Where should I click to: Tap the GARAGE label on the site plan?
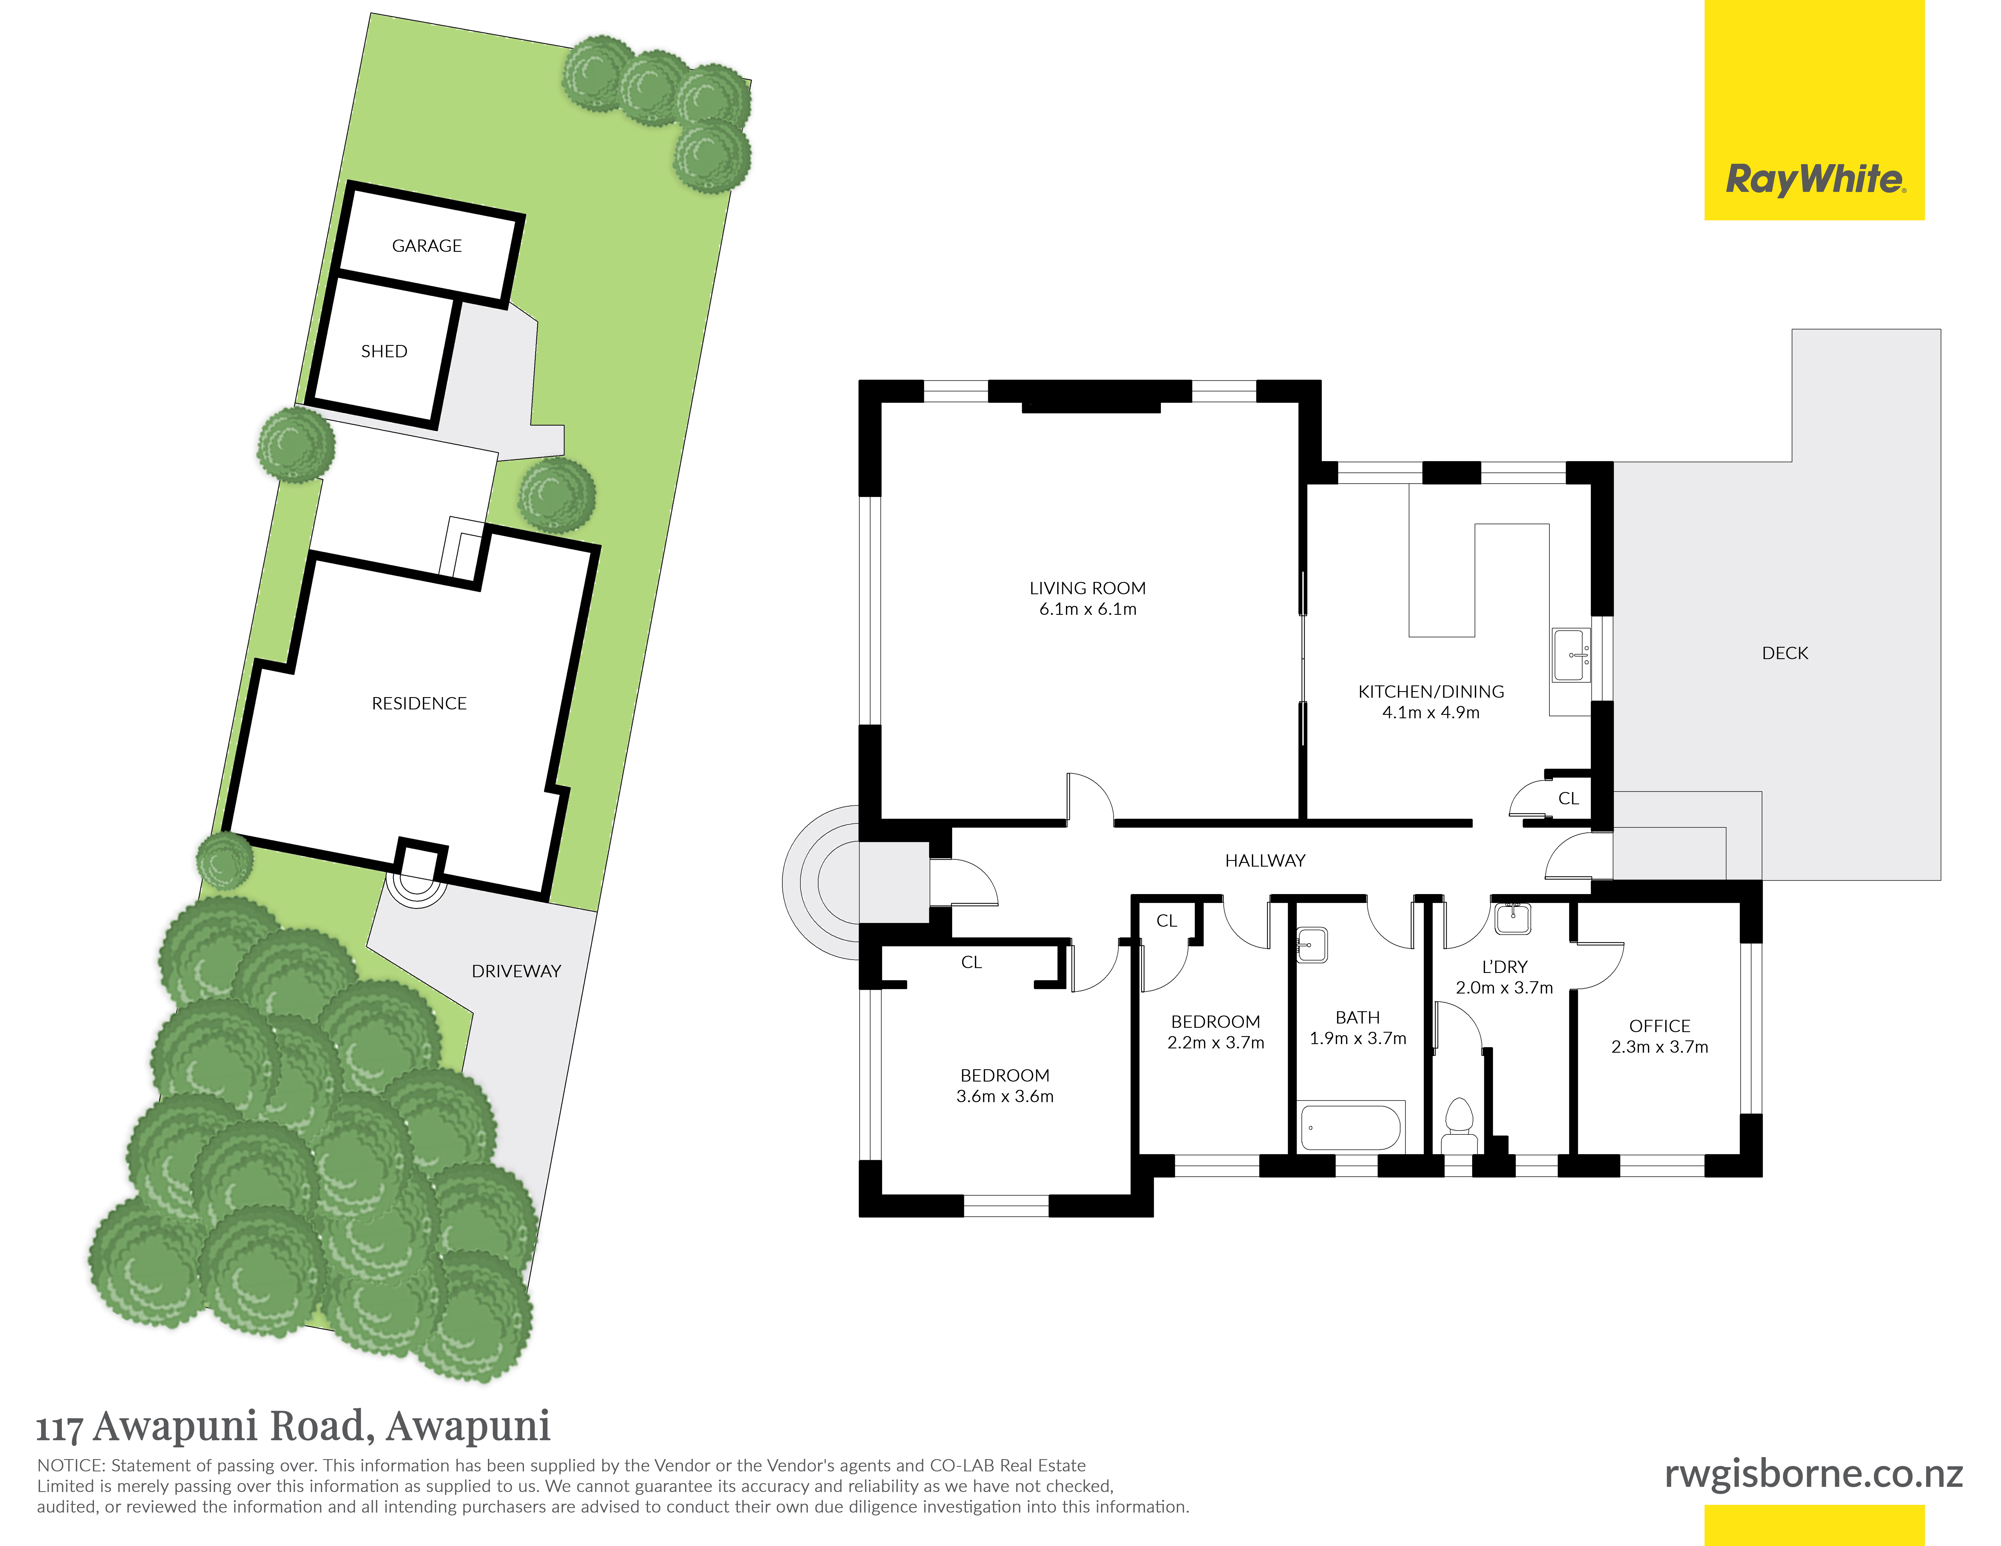427,246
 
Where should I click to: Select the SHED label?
384,351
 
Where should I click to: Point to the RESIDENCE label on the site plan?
419,703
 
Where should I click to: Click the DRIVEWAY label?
516,971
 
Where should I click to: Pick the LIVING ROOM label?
1087,588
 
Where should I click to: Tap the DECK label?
1785,653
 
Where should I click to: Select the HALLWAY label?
1265,860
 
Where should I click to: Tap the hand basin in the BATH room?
1312,944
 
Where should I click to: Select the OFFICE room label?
1659,1026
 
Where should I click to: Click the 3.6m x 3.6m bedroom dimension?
1005,1096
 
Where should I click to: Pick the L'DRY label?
1504,966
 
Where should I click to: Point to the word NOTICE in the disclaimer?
71,1465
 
